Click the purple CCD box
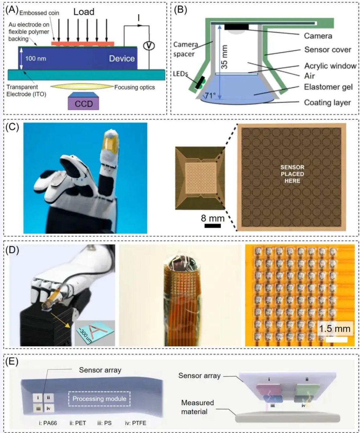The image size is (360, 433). pos(84,103)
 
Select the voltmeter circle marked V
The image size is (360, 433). pos(149,46)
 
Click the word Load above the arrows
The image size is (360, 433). pos(84,12)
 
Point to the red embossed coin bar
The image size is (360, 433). pos(83,44)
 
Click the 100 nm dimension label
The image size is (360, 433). pos(36,58)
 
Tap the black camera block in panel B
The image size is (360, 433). pos(237,27)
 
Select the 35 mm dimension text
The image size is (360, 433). pos(225,57)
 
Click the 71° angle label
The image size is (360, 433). pos(210,96)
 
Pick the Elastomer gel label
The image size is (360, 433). pos(328,87)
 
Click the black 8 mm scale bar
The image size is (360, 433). pos(213,226)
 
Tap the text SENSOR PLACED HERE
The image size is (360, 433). pos(292,174)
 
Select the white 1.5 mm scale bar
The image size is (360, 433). pos(336,340)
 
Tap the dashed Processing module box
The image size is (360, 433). pos(99,399)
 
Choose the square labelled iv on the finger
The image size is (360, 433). pos(49,409)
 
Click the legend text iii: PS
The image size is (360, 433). pos(105,423)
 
